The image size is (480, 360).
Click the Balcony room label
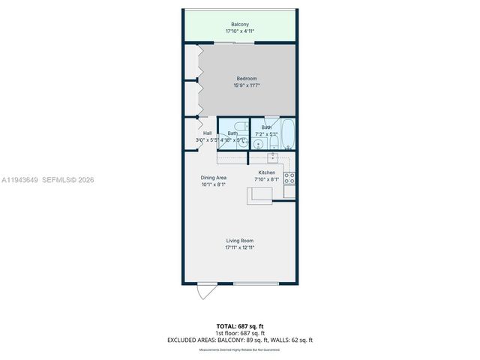click(240, 25)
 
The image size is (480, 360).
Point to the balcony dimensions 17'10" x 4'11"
click(240, 32)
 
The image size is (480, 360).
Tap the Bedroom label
click(247, 79)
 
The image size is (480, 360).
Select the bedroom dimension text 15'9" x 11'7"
click(247, 85)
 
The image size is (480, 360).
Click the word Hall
click(207, 133)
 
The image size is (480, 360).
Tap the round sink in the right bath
click(258, 144)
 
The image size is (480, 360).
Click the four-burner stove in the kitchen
click(289, 178)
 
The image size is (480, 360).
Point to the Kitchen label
click(266, 172)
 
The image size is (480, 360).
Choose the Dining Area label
click(213, 178)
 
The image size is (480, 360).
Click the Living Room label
click(240, 241)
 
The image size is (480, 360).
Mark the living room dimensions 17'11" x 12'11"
click(240, 247)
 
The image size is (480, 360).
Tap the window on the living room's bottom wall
click(256, 283)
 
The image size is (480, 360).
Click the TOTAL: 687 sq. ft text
click(240, 326)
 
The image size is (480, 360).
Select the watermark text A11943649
click(19, 180)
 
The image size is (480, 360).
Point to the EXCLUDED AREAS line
click(240, 340)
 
